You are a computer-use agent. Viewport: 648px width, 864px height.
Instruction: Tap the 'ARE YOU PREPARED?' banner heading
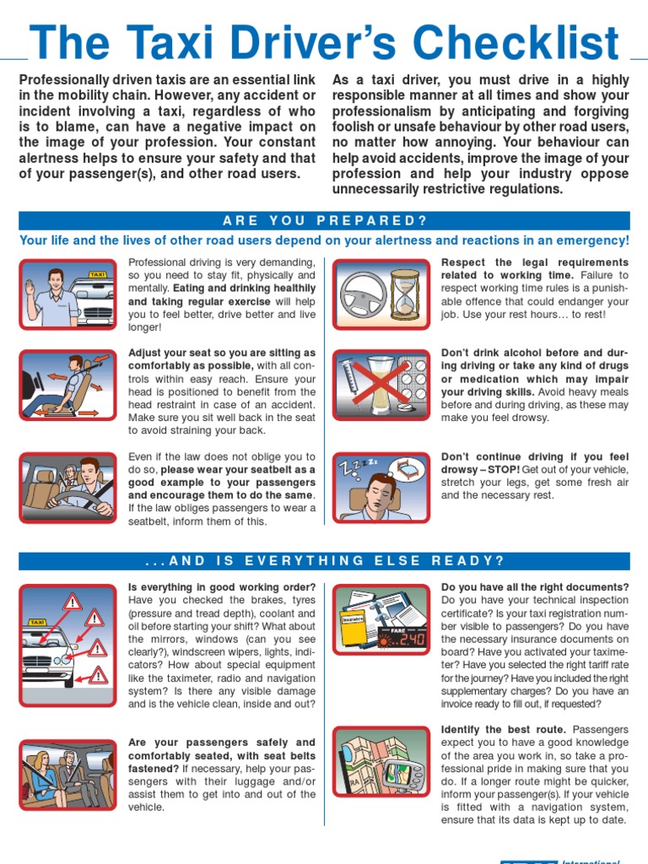pyautogui.click(x=325, y=221)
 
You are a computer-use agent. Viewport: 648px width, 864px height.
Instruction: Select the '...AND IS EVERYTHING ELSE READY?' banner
pyautogui.click(x=325, y=561)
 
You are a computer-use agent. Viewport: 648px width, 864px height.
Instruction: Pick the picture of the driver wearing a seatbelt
pyautogui.click(x=67, y=488)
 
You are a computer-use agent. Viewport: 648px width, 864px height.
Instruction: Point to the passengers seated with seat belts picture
pyautogui.click(x=67, y=775)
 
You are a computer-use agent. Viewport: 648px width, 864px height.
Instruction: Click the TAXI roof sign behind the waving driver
pyautogui.click(x=98, y=274)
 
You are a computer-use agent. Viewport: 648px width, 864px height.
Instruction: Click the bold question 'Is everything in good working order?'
pyautogui.click(x=222, y=587)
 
